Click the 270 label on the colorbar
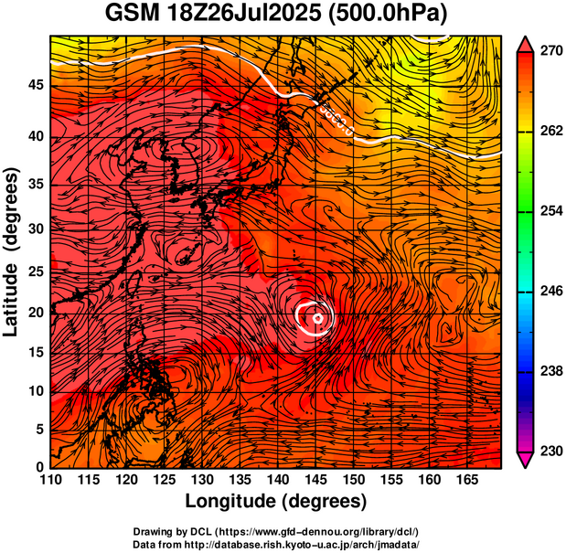tap(547, 52)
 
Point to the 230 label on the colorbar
tap(547, 451)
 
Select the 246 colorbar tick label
tap(547, 292)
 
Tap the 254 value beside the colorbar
tap(547, 211)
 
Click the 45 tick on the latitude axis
tap(35, 84)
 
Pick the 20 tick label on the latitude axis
tap(35, 313)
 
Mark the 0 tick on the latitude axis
tap(39, 467)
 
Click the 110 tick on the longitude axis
tap(50, 480)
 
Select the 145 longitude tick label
tap(315, 480)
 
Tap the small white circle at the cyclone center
tap(317, 318)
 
